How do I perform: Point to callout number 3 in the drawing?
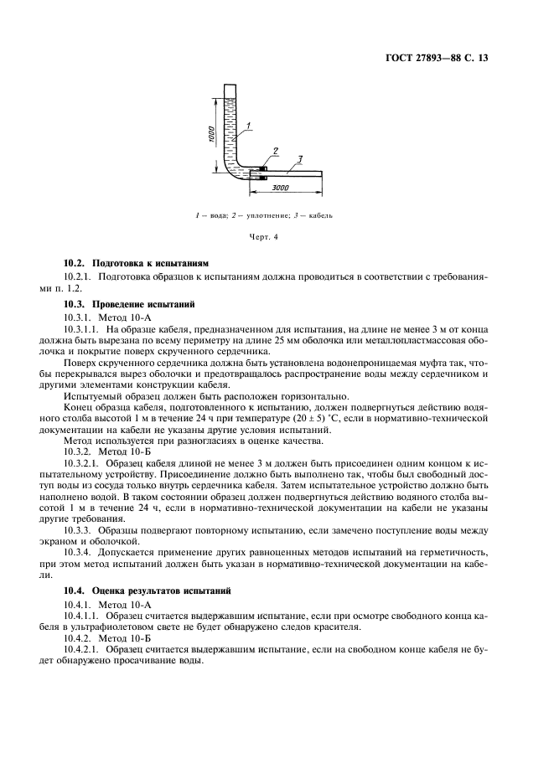tap(299, 159)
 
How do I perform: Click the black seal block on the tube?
tap(262, 174)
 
